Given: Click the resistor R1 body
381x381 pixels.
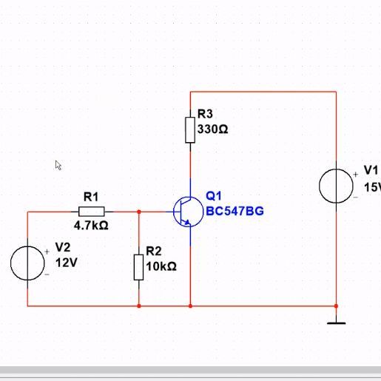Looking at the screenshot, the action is pos(92,212).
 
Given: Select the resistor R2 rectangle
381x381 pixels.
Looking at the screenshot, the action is pos(138,268).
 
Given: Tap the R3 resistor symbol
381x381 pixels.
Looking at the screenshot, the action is pos(190,130).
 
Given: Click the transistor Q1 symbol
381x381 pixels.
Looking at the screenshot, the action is pos(188,212).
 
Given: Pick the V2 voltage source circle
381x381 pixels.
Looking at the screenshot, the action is pos(27,263).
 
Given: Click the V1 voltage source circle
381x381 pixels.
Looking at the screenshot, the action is pos(336,186).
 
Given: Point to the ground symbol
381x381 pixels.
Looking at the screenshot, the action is pos(336,323).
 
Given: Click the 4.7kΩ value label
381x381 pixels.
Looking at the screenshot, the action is pos(91,226).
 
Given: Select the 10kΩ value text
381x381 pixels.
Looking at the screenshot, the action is pos(161,266).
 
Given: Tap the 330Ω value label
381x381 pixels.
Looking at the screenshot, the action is pos(212,129).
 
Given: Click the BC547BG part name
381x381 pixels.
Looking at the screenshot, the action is pos(235,211).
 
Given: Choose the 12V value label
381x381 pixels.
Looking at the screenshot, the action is pos(67,263).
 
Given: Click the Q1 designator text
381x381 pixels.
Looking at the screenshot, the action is pos(214,196).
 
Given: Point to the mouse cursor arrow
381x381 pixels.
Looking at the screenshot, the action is pos(58,165).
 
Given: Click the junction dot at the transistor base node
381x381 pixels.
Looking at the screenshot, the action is pos(139,212).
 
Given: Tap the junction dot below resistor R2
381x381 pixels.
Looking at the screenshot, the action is pos(139,306).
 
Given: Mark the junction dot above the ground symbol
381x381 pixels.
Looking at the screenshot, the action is pos(336,306).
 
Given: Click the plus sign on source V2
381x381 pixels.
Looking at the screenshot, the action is pos(47,252).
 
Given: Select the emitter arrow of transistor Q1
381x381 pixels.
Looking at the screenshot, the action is pos(187,223).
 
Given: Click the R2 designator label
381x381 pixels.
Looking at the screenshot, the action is pos(154,251).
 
